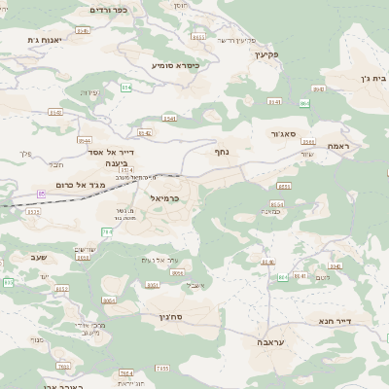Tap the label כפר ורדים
[x=114, y=10]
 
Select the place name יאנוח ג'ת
[x=45, y=39]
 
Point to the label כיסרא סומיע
[x=175, y=65]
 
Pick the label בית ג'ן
[x=351, y=78]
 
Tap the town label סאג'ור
[x=291, y=133]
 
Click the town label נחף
[x=222, y=151]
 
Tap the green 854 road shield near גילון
[x=84, y=258]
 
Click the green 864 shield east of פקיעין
[x=304, y=102]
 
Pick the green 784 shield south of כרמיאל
[x=106, y=231]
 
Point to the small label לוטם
[x=324, y=277]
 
